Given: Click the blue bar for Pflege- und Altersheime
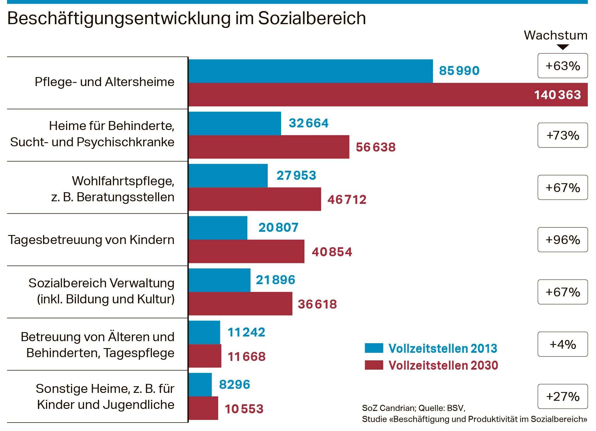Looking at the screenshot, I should tap(311, 71).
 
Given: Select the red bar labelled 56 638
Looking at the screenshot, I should tap(269, 147).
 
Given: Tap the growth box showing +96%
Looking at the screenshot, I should tap(562, 240).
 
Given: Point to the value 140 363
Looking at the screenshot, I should tap(557, 95).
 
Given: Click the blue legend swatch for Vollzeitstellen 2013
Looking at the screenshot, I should tap(374, 348).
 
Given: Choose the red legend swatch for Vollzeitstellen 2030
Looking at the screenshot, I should tap(374, 365).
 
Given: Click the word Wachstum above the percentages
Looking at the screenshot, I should tap(555, 35).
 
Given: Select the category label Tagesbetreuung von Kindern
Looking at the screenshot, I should tap(91, 240).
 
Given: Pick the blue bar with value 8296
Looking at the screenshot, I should tap(200, 384).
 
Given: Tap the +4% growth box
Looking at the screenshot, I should tap(562, 344).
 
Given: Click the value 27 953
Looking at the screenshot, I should tap(296, 175).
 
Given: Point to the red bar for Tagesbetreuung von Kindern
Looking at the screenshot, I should tap(246, 252).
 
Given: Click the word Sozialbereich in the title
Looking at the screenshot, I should tap(312, 18).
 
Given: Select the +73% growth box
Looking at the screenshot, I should tap(562, 135).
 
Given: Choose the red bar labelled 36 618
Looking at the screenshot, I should tap(240, 304).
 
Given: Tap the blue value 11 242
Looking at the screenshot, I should tap(246, 332).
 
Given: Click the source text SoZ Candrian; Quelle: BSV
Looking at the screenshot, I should tap(413, 408).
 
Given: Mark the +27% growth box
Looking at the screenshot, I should tap(562, 396).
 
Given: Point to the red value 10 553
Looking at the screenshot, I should tap(244, 409).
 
